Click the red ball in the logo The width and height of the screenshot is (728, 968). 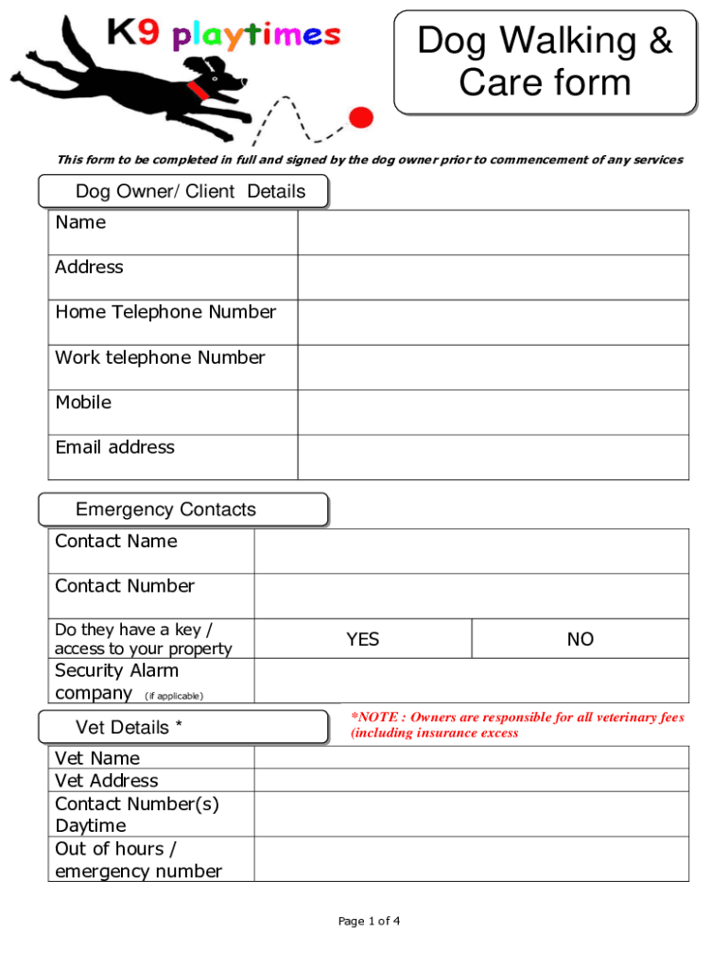360,116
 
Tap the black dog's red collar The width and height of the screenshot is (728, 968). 199,89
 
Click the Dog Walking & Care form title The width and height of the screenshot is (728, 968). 545,61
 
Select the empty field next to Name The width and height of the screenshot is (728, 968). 493,233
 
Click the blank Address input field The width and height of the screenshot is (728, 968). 493,277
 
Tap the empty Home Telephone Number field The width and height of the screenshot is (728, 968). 493,322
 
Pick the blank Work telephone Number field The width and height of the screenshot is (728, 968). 493,367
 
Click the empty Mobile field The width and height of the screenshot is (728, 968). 493,412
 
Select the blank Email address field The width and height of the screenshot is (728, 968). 493,457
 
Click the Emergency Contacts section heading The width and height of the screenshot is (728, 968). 165,510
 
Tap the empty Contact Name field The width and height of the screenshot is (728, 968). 471,551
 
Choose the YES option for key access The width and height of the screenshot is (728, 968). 362,639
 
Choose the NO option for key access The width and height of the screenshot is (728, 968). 580,639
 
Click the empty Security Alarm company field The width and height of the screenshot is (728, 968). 471,681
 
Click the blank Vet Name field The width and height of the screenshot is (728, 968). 471,757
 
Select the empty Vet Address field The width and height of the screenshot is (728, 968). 471,780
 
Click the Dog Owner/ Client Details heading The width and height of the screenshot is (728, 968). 190,192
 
